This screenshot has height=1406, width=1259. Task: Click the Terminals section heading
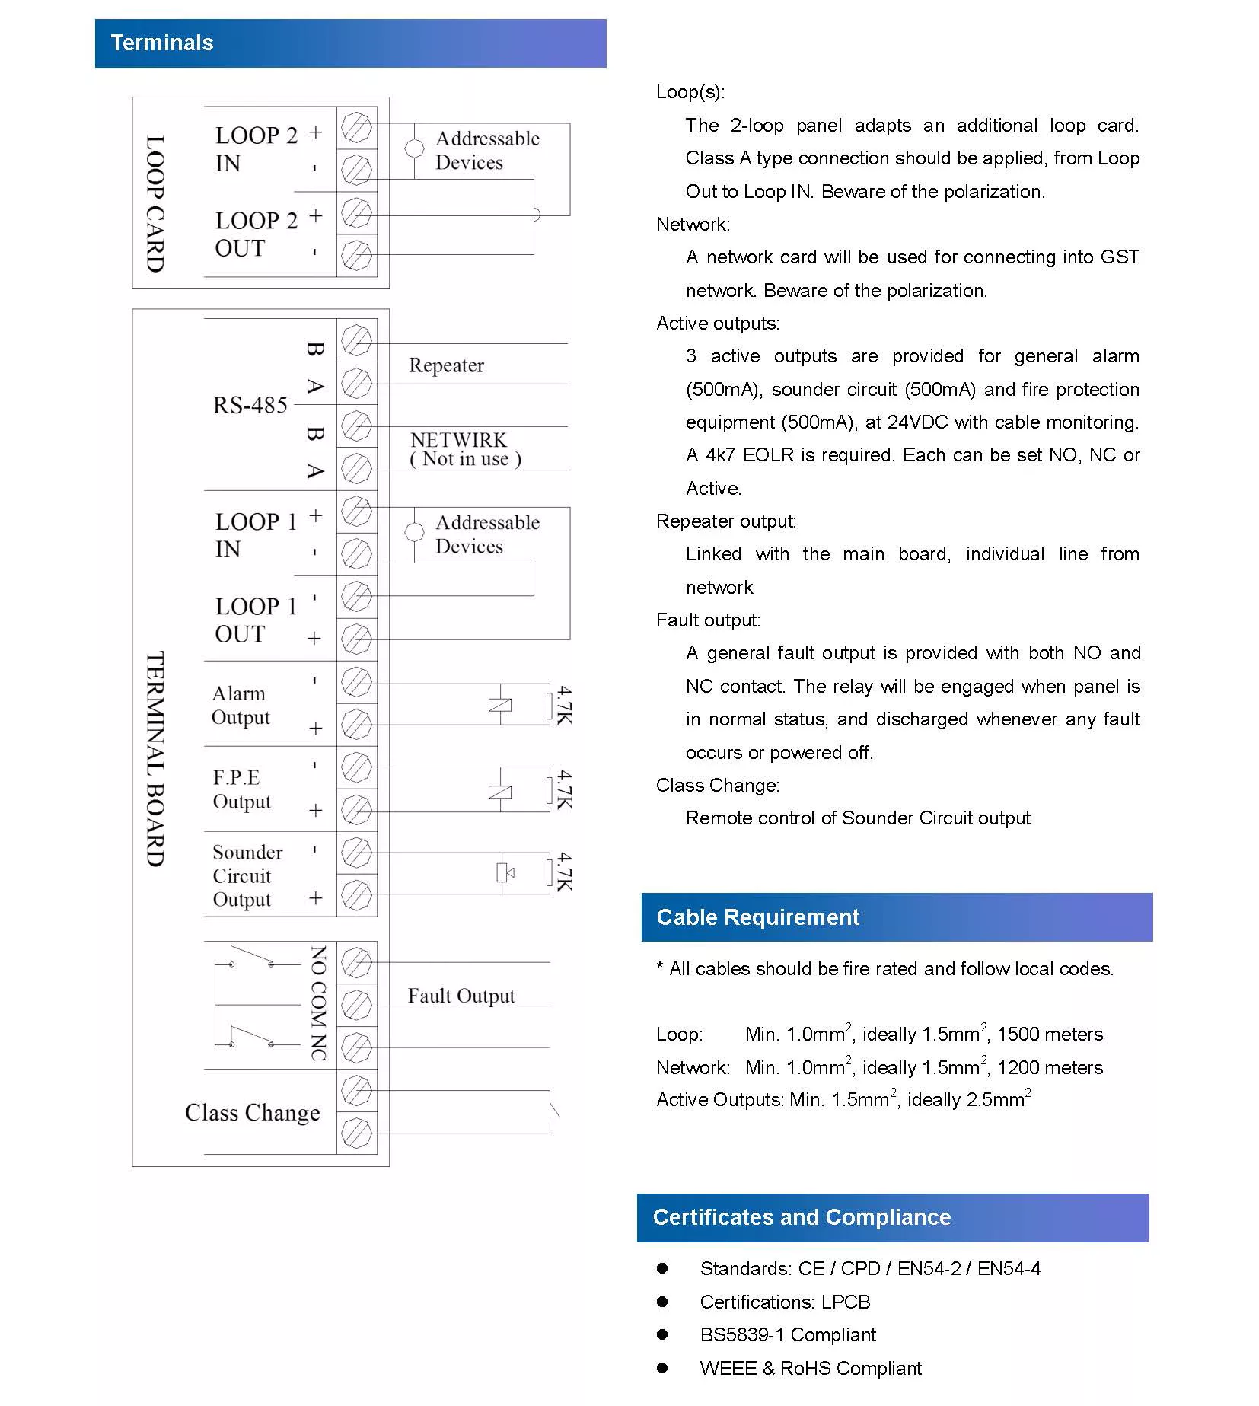(x=161, y=43)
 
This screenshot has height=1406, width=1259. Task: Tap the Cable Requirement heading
(x=757, y=917)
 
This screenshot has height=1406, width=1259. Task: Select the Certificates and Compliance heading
(x=802, y=1217)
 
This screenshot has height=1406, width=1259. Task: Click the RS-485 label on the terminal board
(x=250, y=405)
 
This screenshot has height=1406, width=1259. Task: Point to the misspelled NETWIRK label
(x=458, y=440)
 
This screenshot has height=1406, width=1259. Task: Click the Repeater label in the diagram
(x=446, y=365)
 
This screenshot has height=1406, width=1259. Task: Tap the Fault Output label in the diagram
(x=461, y=996)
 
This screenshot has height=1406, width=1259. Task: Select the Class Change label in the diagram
(x=252, y=1113)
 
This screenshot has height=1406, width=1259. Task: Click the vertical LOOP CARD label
(x=155, y=203)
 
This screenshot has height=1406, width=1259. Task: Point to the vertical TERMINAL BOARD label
(x=155, y=759)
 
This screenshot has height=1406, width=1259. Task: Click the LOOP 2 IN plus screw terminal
(x=356, y=127)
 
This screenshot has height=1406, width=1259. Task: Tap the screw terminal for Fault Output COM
(x=356, y=1006)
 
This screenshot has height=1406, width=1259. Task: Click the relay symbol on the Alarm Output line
(x=499, y=705)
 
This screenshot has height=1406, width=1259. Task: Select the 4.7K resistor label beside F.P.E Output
(x=564, y=789)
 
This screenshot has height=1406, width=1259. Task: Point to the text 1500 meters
(x=1050, y=1035)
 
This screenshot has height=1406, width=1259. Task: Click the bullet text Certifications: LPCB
(x=785, y=1302)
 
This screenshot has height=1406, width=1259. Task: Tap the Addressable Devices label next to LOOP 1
(x=487, y=534)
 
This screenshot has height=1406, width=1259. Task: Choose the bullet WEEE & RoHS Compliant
(x=811, y=1369)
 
